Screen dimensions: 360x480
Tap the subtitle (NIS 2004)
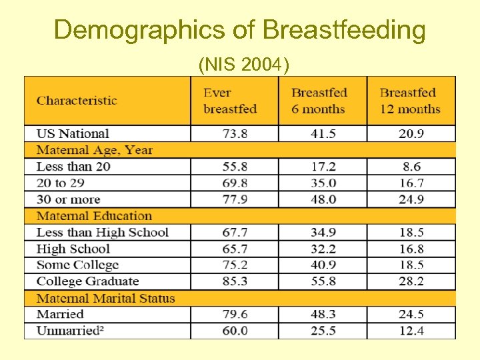[243, 65]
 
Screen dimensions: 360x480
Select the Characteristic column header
[77, 101]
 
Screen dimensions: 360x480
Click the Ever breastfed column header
[230, 101]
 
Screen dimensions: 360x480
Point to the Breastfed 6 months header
[319, 101]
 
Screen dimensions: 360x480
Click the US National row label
[73, 133]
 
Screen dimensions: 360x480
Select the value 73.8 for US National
[234, 133]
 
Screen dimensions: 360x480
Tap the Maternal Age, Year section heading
[94, 150]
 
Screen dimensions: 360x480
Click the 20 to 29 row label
[64, 183]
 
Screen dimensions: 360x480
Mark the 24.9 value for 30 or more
[411, 199]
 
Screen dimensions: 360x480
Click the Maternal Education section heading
[94, 216]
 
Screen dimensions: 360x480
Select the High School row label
[73, 249]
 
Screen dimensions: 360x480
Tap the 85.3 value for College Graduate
[234, 281]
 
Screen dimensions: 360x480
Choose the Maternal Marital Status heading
[105, 298]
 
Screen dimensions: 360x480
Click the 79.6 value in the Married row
[234, 314]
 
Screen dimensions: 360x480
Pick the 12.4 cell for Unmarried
[411, 331]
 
